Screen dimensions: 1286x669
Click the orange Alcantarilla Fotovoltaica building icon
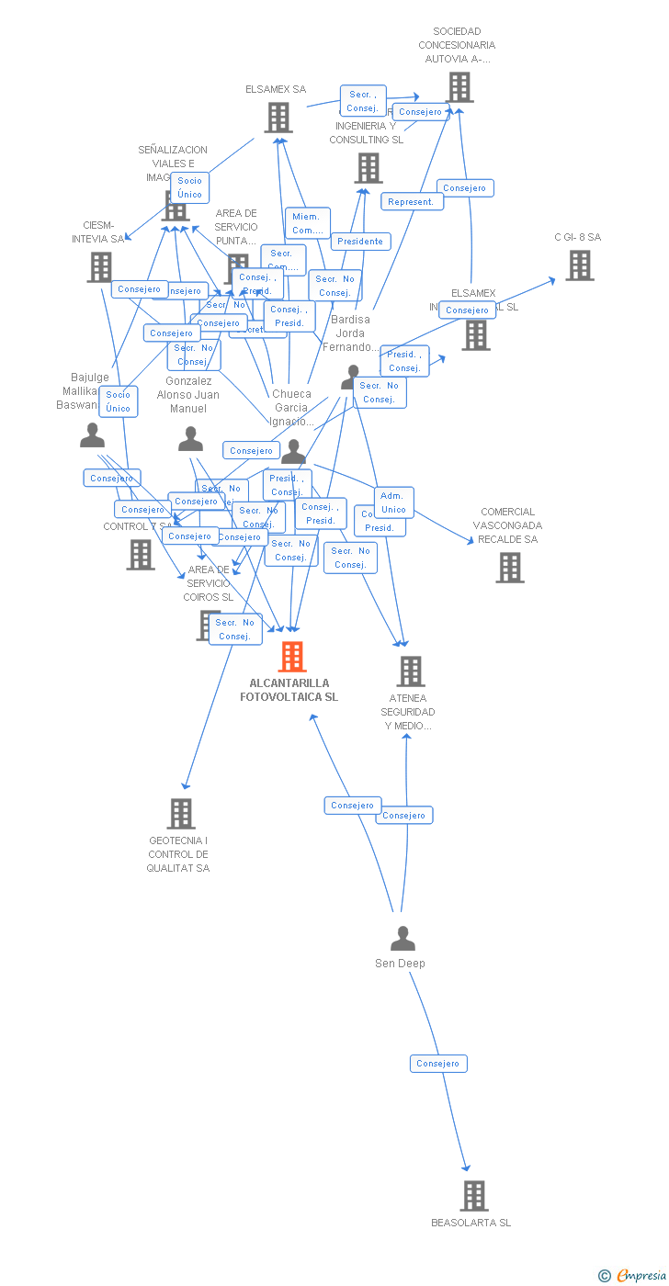[x=292, y=656]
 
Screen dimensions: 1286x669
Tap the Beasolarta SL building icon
[x=474, y=1195]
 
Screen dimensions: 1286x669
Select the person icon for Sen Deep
[x=403, y=939]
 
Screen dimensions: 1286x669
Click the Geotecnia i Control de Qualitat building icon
[x=181, y=813]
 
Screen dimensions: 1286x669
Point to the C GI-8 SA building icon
[x=579, y=265]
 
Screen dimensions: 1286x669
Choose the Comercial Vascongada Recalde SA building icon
[x=510, y=568]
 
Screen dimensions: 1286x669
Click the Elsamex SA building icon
[x=278, y=117]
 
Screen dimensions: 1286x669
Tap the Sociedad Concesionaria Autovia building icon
[x=459, y=87]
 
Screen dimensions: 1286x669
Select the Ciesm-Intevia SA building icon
[x=100, y=267]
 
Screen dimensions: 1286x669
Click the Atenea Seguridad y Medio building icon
[x=410, y=671]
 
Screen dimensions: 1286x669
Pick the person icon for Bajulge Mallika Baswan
[x=92, y=435]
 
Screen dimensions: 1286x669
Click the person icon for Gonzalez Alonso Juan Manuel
[x=190, y=439]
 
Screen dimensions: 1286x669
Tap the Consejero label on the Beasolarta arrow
[x=438, y=1063]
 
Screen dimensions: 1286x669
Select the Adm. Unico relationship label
[x=393, y=502]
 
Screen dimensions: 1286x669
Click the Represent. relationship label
[x=411, y=202]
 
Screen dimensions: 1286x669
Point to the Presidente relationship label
[x=360, y=242]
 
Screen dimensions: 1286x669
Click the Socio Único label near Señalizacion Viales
[x=189, y=187]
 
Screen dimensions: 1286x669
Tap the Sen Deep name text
[x=400, y=964]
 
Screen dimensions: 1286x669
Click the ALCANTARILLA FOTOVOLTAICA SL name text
[x=289, y=690]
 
